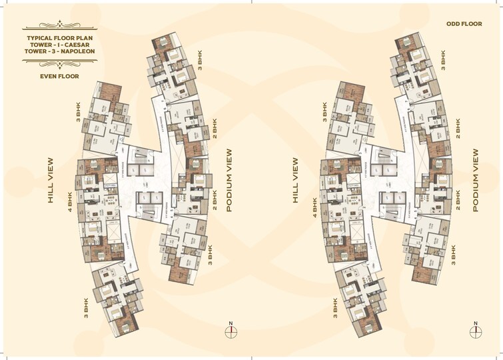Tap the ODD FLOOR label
pyautogui.click(x=464, y=24)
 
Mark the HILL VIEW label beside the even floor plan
pyautogui.click(x=49, y=180)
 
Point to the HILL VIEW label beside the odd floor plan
pyautogui.click(x=294, y=180)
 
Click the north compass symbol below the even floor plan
pyautogui.click(x=231, y=333)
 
